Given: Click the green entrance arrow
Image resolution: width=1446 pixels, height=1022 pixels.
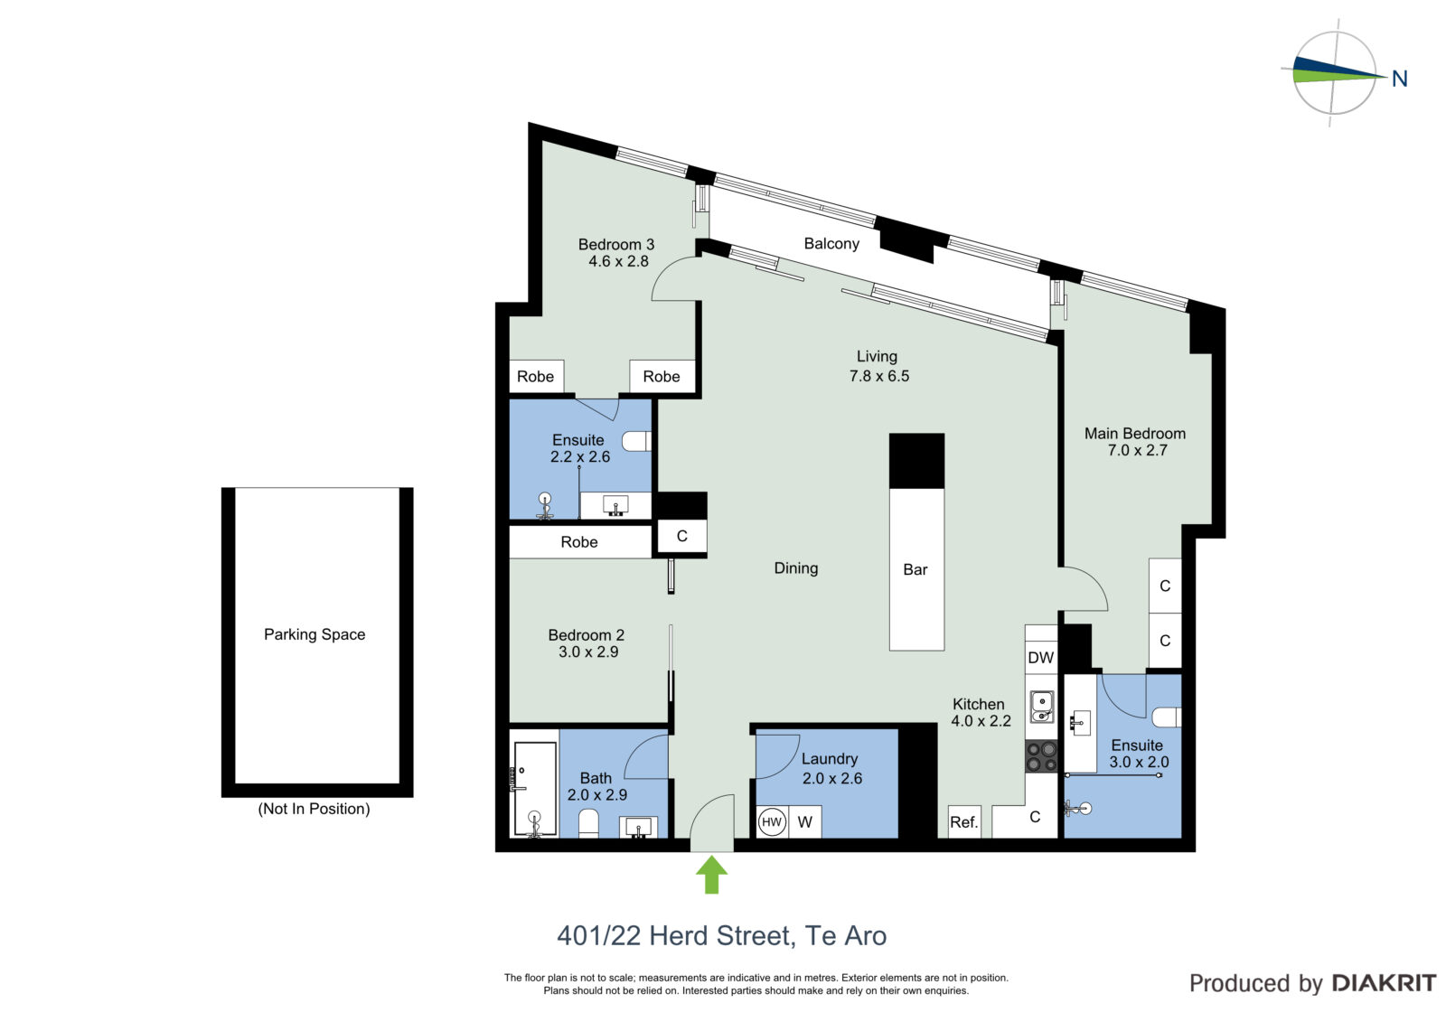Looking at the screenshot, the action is click(x=711, y=875).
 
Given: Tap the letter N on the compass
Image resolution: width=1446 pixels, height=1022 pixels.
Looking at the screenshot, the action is click(x=1400, y=79).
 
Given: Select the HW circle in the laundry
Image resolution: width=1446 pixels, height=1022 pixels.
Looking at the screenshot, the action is click(x=772, y=822).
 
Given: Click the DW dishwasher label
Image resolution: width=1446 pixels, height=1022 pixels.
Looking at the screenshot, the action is click(x=1040, y=657).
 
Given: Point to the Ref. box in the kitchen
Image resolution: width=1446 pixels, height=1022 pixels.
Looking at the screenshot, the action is click(x=964, y=822).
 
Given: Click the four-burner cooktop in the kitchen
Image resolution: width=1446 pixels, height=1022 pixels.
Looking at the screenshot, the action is click(x=1041, y=756).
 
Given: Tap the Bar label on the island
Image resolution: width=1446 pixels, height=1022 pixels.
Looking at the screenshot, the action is click(x=915, y=569).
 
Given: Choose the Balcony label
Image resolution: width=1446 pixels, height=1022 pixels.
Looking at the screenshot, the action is click(x=831, y=243).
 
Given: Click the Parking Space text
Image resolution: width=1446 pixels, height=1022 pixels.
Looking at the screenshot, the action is click(x=315, y=634).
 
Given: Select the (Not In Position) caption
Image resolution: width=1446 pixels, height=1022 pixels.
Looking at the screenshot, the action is click(x=314, y=809).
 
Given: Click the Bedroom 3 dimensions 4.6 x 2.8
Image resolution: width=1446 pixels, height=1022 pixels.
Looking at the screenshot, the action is click(x=618, y=261).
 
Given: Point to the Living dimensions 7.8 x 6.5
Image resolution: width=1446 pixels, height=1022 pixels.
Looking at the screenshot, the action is click(x=879, y=377).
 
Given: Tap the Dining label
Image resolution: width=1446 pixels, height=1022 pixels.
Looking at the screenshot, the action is click(x=796, y=568).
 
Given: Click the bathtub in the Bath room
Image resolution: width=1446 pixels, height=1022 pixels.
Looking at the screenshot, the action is click(x=535, y=789).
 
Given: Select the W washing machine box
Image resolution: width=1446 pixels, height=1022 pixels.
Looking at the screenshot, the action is click(x=805, y=822).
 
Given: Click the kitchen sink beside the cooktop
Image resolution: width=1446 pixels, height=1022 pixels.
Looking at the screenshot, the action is click(x=1041, y=707).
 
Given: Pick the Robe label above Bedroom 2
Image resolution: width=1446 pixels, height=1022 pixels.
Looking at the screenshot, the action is click(x=579, y=542).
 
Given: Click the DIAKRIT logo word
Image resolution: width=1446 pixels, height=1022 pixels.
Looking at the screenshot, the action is click(x=1384, y=983).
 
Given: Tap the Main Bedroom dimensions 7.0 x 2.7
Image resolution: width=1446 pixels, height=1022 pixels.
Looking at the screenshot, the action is click(x=1138, y=451).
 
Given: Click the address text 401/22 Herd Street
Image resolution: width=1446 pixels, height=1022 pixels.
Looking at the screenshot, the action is click(x=674, y=936).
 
